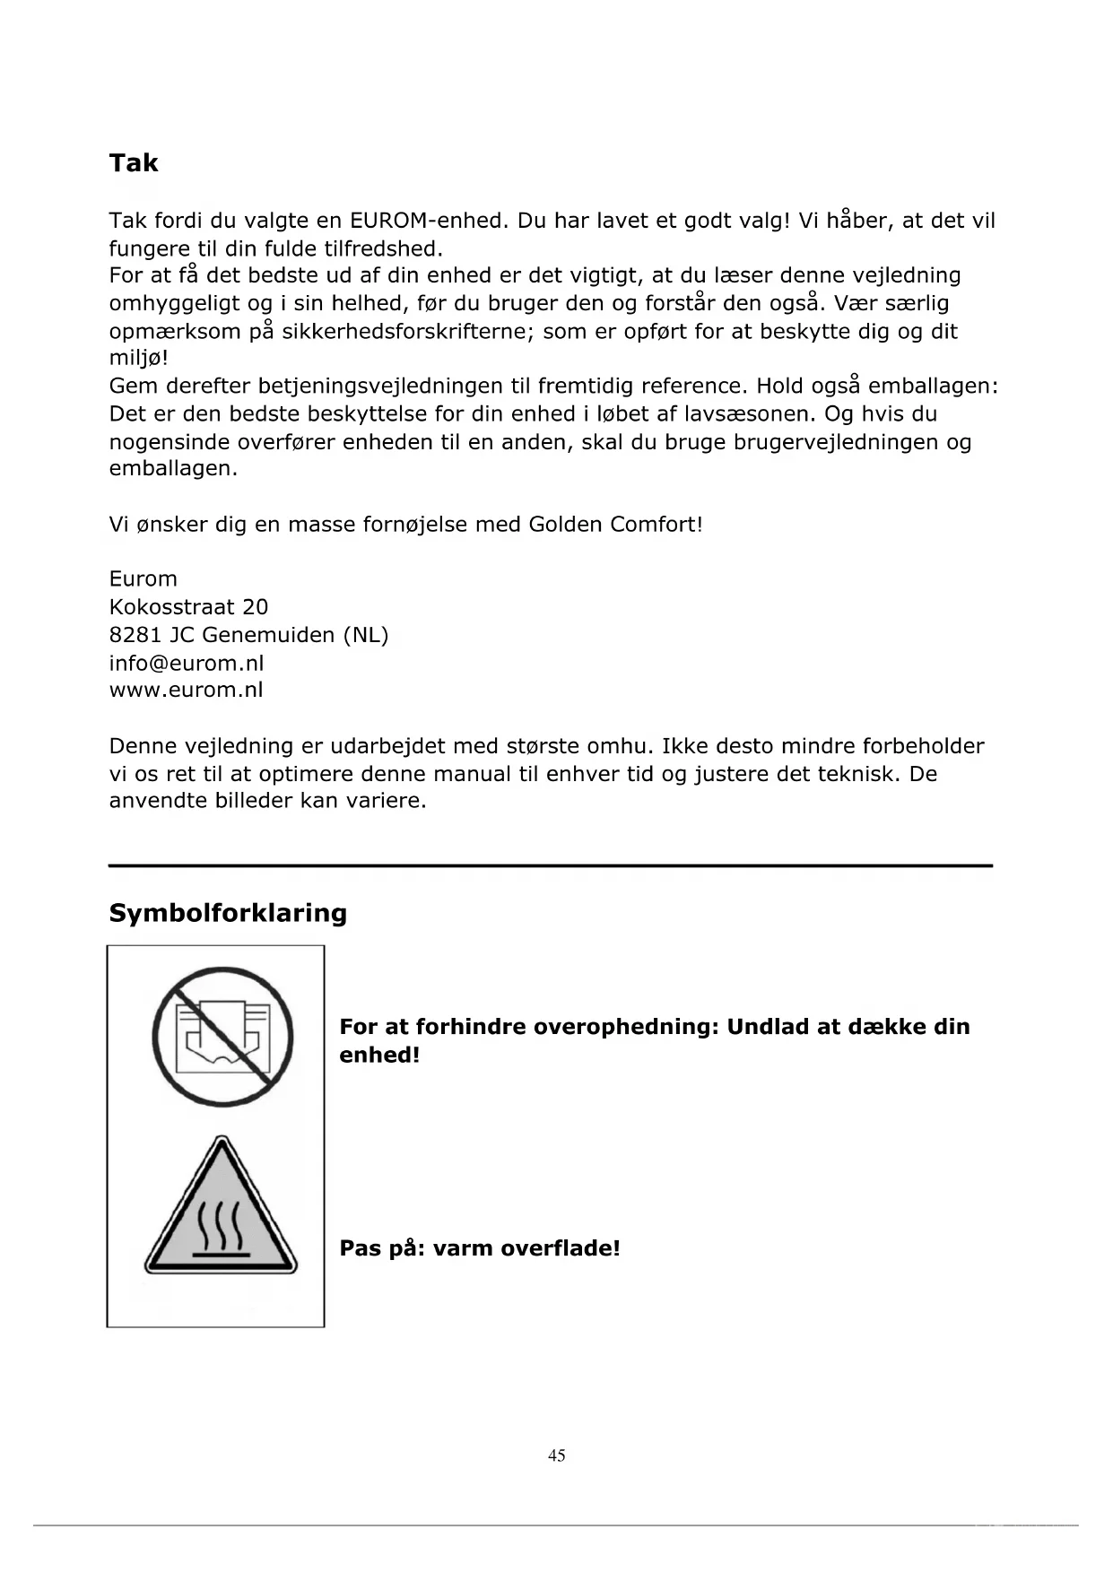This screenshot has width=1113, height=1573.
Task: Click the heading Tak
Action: (x=133, y=163)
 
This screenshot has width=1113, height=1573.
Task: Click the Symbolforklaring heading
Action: (x=228, y=913)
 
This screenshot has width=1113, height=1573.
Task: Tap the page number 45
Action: (x=557, y=1456)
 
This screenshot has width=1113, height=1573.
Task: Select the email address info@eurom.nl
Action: (x=187, y=663)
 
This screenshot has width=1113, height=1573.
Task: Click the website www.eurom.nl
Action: (x=187, y=690)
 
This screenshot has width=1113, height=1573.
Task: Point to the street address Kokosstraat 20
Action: (x=188, y=607)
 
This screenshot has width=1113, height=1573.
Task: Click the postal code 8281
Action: (x=135, y=635)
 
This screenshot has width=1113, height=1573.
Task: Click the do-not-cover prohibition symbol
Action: (x=222, y=1037)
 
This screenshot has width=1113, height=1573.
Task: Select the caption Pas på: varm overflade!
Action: (x=480, y=1248)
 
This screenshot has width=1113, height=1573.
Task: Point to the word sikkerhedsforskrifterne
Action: (x=408, y=332)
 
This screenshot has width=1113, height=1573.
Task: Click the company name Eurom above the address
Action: (x=143, y=579)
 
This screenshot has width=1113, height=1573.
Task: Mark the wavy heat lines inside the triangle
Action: (x=220, y=1224)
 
